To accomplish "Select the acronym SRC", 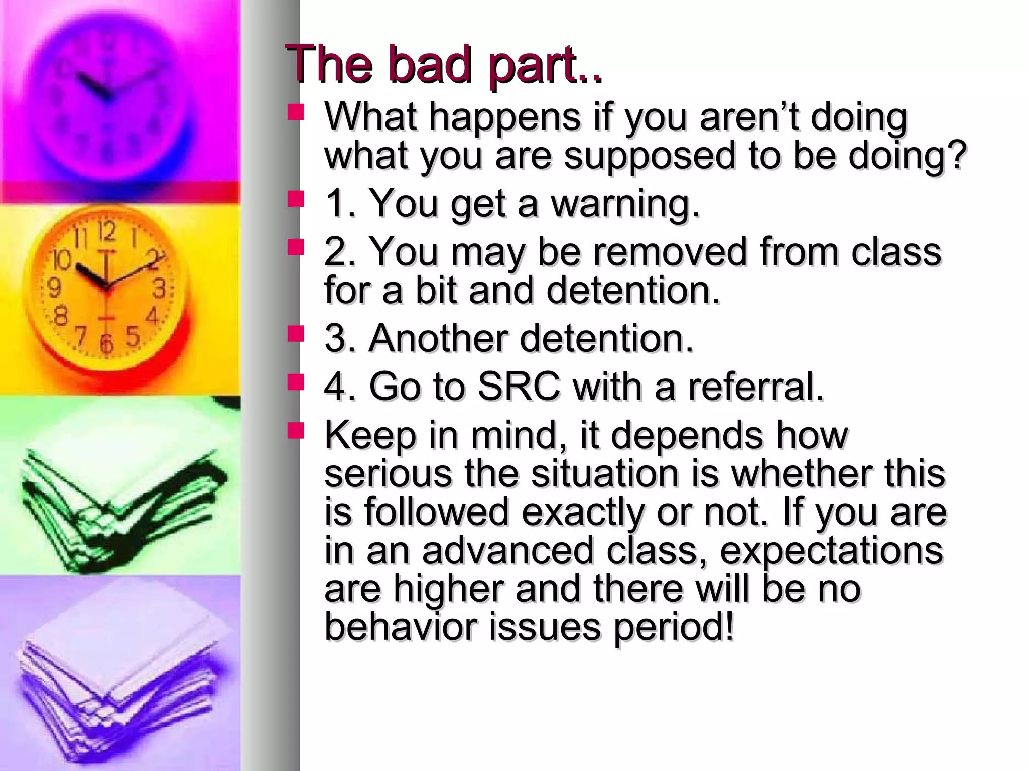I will [519, 387].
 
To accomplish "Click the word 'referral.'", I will [756, 387].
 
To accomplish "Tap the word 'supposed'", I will [650, 156].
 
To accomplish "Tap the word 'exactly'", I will [582, 512].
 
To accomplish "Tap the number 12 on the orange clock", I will [106, 232].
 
